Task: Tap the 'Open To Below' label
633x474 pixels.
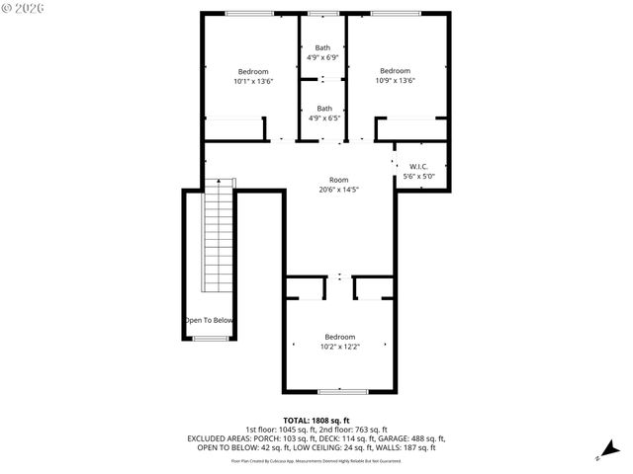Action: tap(209, 320)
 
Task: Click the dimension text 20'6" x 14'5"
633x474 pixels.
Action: tap(338, 190)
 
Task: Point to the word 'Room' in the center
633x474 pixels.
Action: tap(338, 180)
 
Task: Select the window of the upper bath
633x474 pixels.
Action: tap(321, 13)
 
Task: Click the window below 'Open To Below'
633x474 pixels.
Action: tap(209, 339)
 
